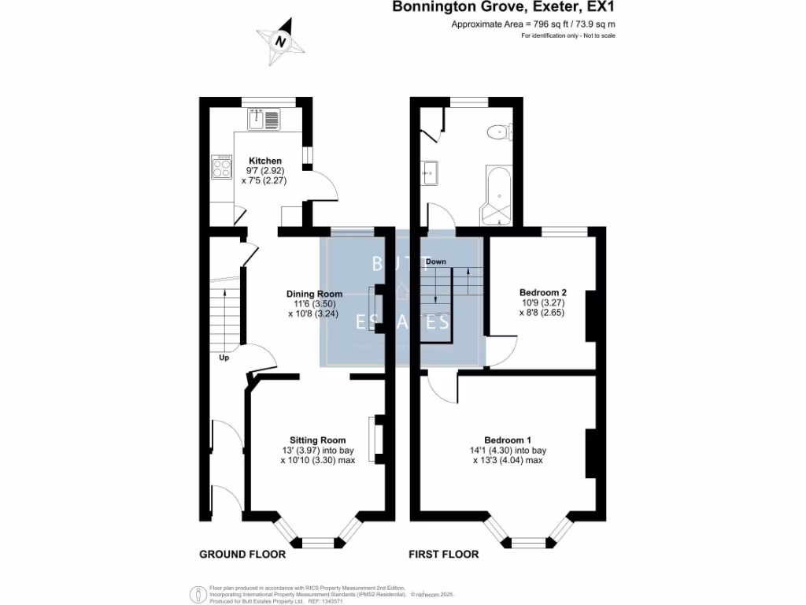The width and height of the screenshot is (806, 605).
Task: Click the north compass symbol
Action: point(281,41)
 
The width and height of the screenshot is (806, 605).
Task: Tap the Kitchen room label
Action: point(264,161)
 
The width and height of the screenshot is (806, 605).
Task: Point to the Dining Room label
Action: point(313,294)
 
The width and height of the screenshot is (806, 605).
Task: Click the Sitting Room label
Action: point(317,440)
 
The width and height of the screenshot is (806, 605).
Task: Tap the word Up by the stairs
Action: point(224,358)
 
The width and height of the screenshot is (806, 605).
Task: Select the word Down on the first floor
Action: point(435,262)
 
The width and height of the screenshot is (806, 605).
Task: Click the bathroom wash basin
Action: point(429,173)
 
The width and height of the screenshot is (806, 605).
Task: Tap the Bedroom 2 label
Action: point(542,292)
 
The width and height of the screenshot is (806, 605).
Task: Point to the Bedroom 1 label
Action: point(507,440)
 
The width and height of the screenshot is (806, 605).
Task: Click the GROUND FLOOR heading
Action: point(242,555)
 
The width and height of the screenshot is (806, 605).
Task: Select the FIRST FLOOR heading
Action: point(443,555)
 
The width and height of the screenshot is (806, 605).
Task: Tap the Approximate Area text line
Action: point(533,24)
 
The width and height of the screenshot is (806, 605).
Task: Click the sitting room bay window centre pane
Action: point(317,542)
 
